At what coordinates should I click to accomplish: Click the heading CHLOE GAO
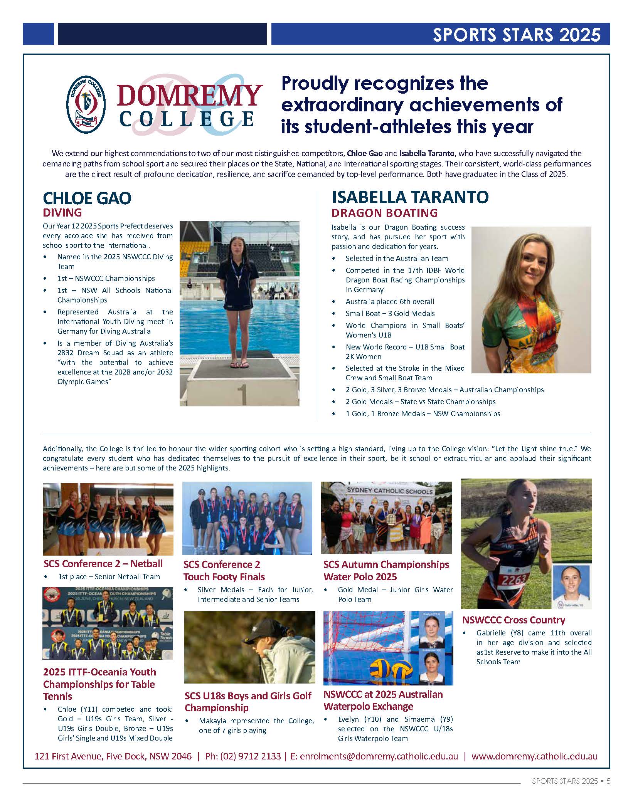[x=87, y=198]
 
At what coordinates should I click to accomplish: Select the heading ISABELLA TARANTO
[x=410, y=197]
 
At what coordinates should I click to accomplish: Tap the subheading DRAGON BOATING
[x=385, y=213]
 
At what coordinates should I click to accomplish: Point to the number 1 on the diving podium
[x=242, y=394]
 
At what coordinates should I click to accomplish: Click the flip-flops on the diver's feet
[x=239, y=364]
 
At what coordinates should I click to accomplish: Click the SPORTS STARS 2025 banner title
[x=516, y=35]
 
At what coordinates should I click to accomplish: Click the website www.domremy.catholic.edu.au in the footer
[x=534, y=756]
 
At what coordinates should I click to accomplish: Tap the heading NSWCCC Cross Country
[x=513, y=620]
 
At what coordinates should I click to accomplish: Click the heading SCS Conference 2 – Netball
[x=103, y=564]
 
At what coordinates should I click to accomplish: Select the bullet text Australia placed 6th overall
[x=390, y=301]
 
